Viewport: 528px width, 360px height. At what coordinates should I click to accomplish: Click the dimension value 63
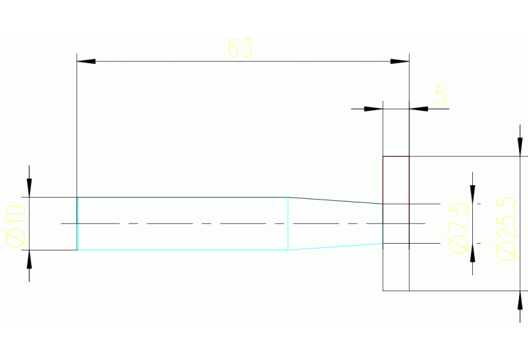(x=240, y=48)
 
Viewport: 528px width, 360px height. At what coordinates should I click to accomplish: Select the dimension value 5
(x=441, y=94)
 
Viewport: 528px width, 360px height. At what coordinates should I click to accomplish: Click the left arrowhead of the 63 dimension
(x=86, y=62)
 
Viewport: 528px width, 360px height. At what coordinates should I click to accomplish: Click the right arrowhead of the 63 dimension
(x=400, y=62)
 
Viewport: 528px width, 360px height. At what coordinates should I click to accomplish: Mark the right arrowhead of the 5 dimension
(x=419, y=109)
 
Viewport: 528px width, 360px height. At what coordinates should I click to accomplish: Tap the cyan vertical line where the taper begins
(x=288, y=224)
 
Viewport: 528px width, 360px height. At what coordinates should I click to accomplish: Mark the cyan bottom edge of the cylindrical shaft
(x=182, y=250)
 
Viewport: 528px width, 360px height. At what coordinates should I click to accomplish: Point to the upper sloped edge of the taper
(x=335, y=200)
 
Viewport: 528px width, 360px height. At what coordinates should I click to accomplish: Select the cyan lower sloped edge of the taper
(x=335, y=246)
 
